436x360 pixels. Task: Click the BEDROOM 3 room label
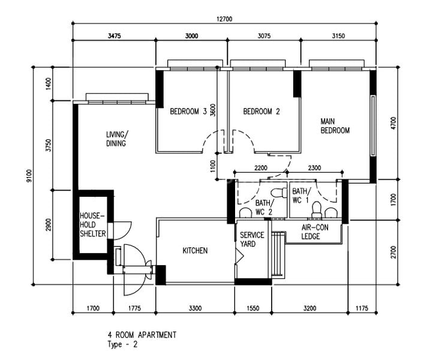pyautogui.click(x=188, y=112)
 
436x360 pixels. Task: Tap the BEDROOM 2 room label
pyautogui.click(x=261, y=112)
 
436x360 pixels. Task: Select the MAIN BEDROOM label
pyautogui.click(x=335, y=125)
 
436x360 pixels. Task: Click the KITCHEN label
pyautogui.click(x=196, y=250)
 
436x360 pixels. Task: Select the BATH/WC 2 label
pyautogui.click(x=264, y=207)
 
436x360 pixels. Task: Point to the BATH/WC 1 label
pyautogui.click(x=300, y=195)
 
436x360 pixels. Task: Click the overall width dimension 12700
pyautogui.click(x=224, y=19)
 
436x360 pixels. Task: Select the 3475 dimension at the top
pyautogui.click(x=114, y=36)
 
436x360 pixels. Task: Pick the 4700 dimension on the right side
pyautogui.click(x=393, y=123)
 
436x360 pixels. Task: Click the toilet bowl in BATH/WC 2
pyautogui.click(x=276, y=193)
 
